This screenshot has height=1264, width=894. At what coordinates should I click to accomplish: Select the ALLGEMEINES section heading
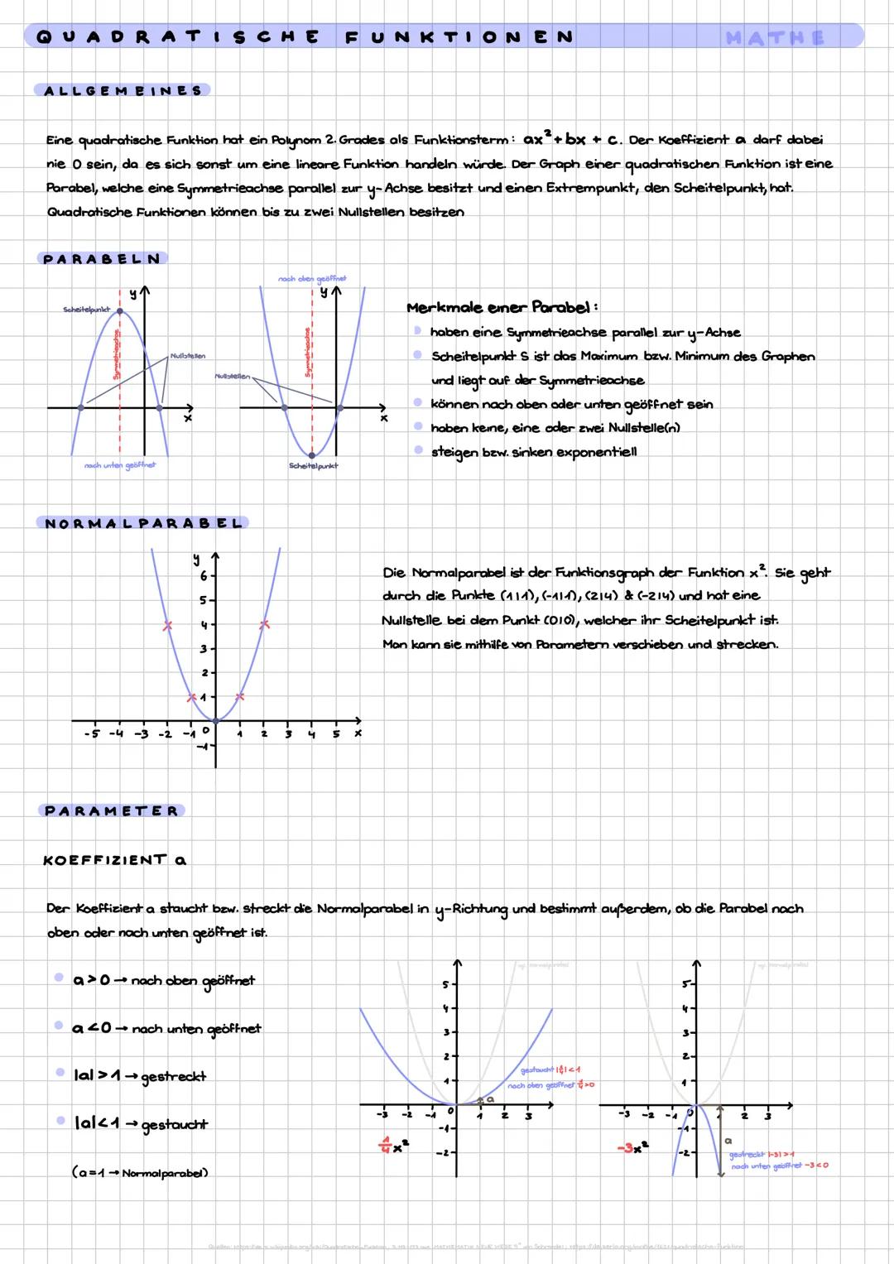point(123,90)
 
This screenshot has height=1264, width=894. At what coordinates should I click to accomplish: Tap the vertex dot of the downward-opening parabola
point(120,311)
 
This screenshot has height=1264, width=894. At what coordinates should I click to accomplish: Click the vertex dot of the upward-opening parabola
point(312,454)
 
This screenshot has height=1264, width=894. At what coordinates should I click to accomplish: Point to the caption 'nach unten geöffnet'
point(120,465)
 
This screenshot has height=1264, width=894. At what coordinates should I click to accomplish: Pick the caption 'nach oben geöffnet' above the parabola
point(312,279)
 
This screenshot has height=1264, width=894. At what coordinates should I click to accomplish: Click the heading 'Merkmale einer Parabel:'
point(502,308)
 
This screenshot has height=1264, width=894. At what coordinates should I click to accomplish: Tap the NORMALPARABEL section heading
point(143,523)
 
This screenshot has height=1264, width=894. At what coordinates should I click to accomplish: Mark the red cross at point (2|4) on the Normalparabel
point(264,625)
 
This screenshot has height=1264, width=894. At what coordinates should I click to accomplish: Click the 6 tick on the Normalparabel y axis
point(204,575)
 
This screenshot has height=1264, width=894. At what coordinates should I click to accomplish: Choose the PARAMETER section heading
point(111,810)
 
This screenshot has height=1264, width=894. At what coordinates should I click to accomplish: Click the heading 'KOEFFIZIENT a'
point(114,860)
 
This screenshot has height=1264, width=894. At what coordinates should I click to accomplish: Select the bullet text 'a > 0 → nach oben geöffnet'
point(164,981)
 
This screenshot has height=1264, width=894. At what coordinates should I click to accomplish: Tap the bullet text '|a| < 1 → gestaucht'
point(141,1124)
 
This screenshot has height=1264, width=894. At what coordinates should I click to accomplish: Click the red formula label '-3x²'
point(633,1147)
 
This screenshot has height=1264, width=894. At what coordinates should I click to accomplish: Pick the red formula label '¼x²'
point(393,1146)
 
